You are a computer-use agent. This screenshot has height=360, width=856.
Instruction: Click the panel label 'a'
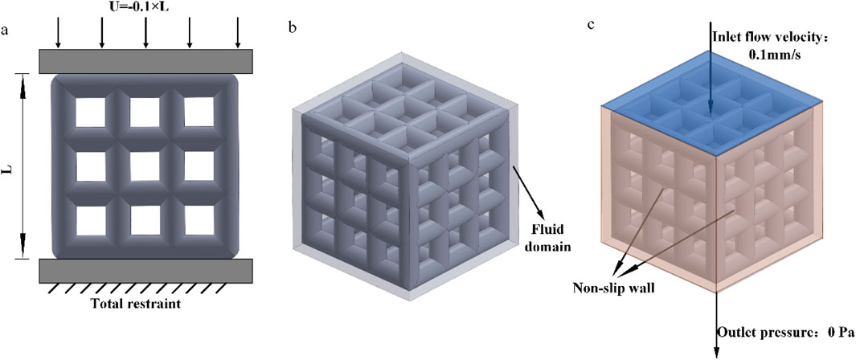coord(7,32)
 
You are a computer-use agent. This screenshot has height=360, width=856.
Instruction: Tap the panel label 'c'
coord(592,23)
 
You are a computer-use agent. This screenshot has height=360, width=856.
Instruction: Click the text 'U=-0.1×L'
coord(145,7)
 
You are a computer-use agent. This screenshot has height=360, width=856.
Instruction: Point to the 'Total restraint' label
coord(147,305)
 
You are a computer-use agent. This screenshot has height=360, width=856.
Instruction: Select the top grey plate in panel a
coord(145,61)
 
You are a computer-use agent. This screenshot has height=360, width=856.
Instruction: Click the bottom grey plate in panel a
coord(145,271)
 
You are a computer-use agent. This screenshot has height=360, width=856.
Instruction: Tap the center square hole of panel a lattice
coord(146,166)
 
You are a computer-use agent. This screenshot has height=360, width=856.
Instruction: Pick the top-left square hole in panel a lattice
coord(91,114)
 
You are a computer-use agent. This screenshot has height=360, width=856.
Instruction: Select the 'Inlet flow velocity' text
coord(769,36)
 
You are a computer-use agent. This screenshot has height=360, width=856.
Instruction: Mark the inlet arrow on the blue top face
coord(712,80)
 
